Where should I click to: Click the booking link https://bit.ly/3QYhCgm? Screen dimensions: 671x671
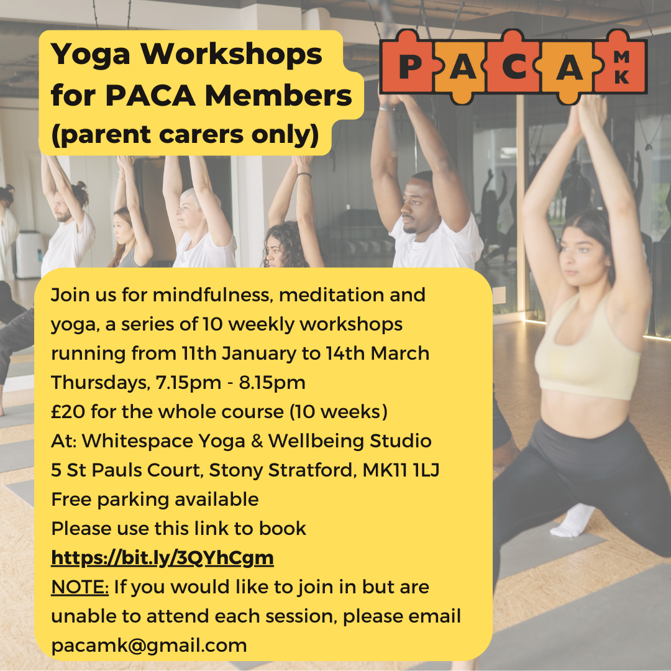tap(162, 558)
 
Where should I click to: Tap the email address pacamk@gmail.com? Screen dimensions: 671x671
tap(149, 646)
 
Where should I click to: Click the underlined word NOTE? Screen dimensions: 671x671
tap(80, 587)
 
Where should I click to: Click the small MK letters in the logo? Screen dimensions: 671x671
tap(621, 67)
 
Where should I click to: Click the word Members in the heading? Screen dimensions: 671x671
tap(278, 96)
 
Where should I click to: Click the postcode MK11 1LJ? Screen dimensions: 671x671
tap(401, 470)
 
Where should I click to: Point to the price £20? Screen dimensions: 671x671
tap(68, 412)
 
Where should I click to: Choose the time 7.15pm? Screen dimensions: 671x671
tap(188, 383)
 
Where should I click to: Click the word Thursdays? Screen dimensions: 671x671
tap(101, 383)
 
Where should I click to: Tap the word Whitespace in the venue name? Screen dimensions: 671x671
tap(137, 441)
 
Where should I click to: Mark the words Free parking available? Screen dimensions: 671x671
tap(155, 500)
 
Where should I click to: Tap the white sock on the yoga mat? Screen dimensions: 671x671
tap(573, 521)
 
